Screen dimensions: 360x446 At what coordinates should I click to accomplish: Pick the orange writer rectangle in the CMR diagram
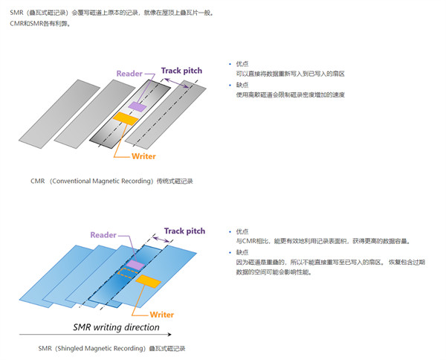(x=126, y=118)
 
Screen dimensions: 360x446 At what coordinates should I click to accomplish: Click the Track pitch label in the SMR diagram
(x=185, y=231)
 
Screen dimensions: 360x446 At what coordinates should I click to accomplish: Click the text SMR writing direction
(x=115, y=327)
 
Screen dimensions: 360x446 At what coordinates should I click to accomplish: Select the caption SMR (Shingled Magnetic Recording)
(x=111, y=347)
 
